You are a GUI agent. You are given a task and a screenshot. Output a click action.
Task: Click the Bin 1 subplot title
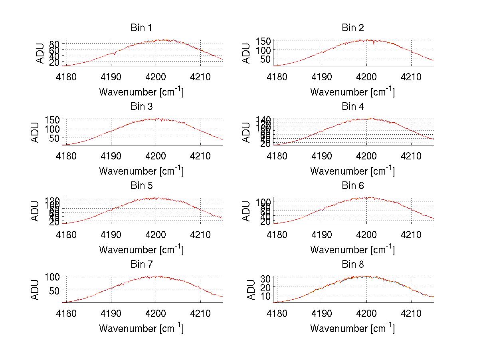pyautogui.click(x=141, y=28)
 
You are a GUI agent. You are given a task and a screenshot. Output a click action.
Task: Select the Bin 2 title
pyautogui.click(x=353, y=28)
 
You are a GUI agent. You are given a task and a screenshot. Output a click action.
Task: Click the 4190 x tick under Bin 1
pyautogui.click(x=111, y=76)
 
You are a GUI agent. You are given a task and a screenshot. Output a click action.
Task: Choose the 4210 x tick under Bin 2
pyautogui.click(x=411, y=76)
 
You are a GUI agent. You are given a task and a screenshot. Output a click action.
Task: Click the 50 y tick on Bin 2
pyautogui.click(x=266, y=59)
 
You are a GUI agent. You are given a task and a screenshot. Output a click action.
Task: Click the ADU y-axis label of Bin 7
pyautogui.click(x=36, y=289)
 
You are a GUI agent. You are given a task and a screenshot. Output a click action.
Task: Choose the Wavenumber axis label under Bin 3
pyautogui.click(x=141, y=171)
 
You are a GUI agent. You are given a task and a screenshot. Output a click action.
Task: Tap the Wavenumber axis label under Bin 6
pyautogui.click(x=352, y=249)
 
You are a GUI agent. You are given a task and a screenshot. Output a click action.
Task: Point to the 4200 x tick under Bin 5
pyautogui.click(x=156, y=234)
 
